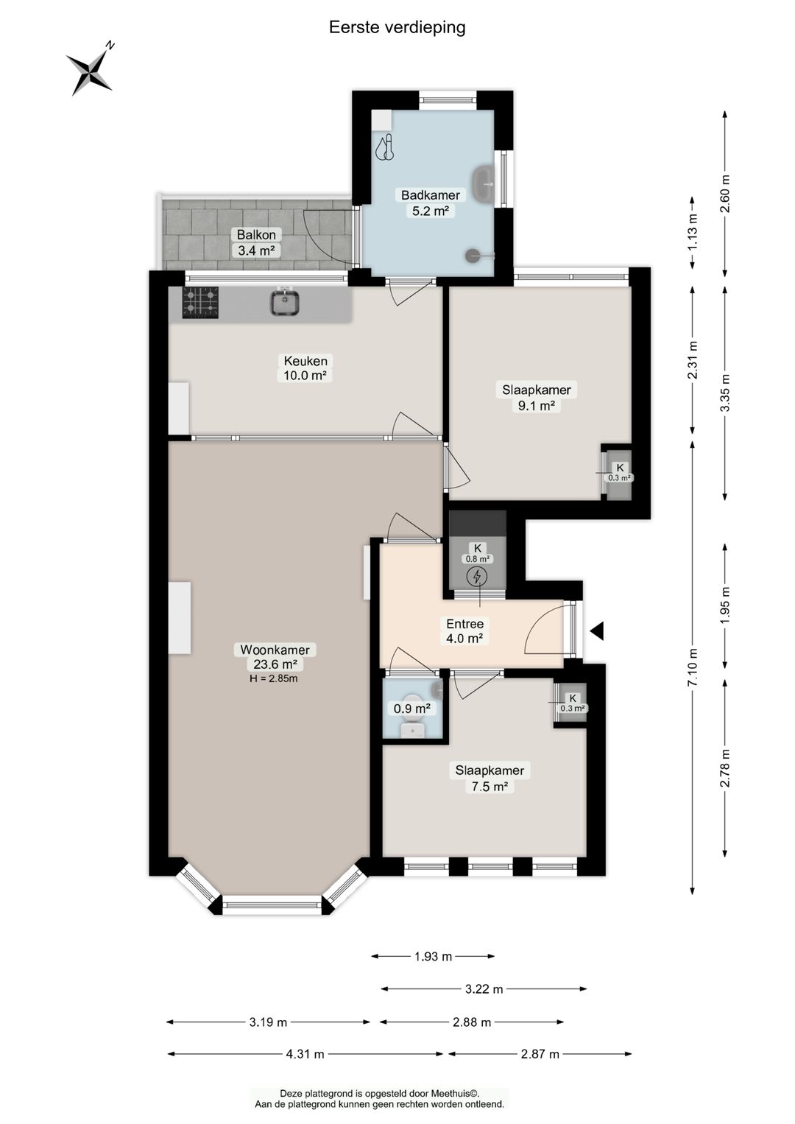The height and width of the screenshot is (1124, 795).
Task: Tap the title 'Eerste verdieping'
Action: [397, 27]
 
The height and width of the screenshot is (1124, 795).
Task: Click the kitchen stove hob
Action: [200, 302]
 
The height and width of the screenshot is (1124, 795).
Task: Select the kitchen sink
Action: [285, 303]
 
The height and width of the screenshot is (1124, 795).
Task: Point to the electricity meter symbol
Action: [477, 577]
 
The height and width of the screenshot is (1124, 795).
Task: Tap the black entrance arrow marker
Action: [597, 631]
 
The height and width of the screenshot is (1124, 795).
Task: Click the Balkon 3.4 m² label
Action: [256, 242]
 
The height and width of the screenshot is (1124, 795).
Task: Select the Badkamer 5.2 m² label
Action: [431, 203]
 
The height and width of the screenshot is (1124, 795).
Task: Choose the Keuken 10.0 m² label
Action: [305, 368]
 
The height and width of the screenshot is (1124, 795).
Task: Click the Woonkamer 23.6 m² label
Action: [275, 656]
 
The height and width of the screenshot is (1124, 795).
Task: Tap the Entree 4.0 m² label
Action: [465, 631]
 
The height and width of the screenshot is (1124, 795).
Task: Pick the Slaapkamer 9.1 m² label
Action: [537, 398]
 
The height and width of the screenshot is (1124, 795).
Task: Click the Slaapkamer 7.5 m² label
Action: [490, 778]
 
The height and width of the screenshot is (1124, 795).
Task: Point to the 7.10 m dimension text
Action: [692, 668]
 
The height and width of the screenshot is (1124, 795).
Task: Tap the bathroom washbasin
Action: [483, 184]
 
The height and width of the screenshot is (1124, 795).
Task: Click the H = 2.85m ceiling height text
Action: [274, 679]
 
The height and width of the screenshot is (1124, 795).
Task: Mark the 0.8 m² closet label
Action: [477, 553]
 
